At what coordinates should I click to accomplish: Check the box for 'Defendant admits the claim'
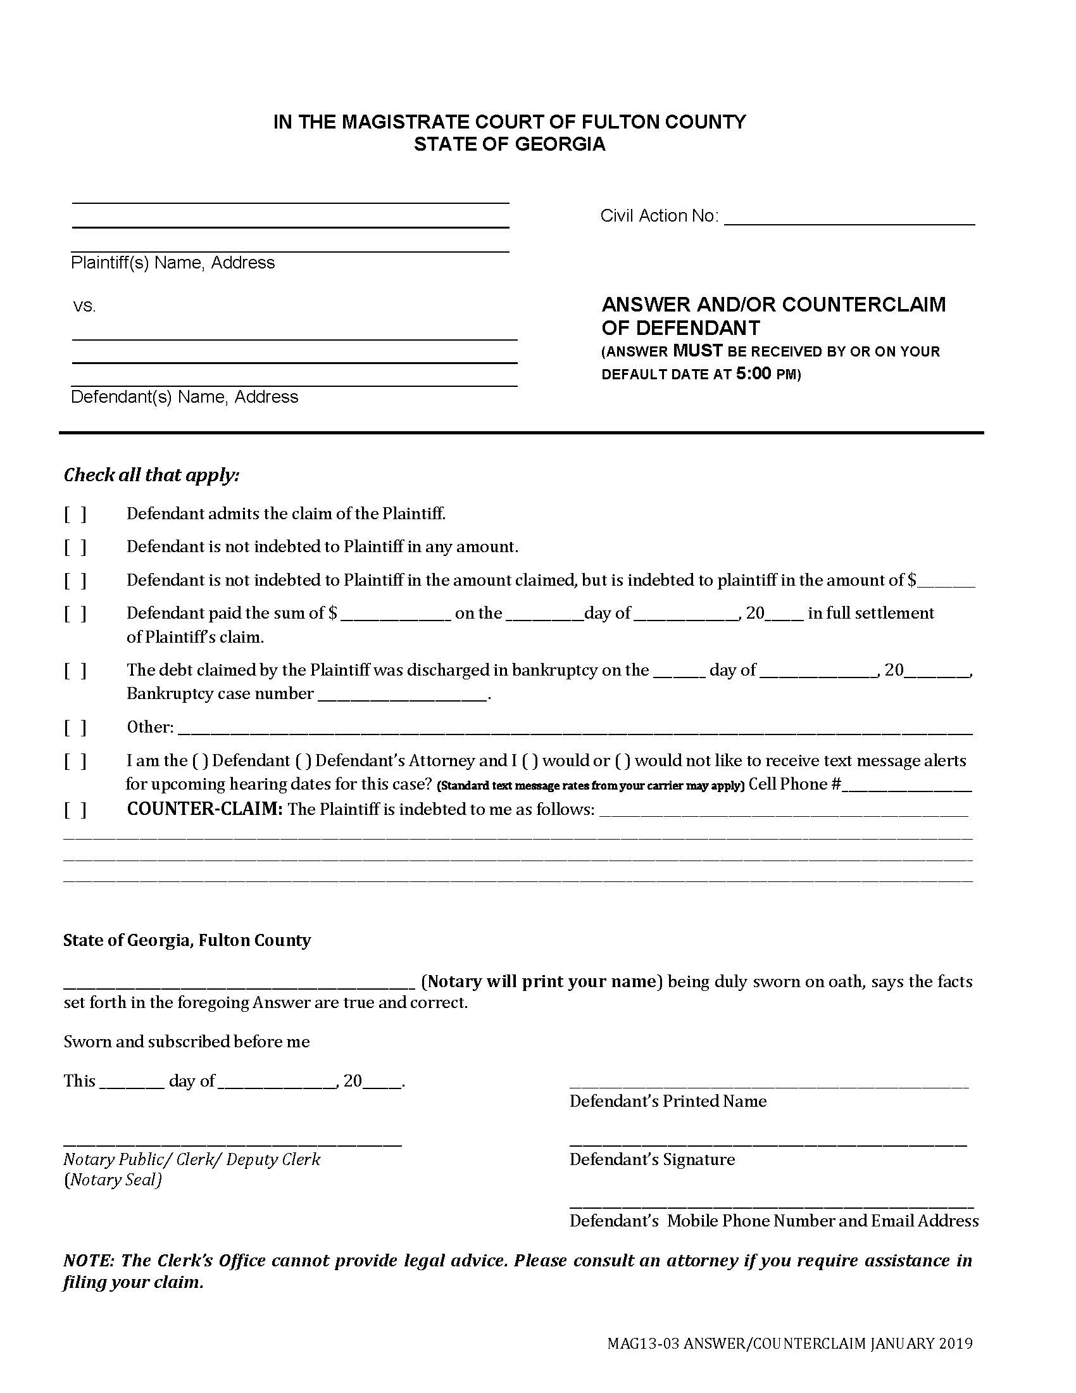click(x=75, y=514)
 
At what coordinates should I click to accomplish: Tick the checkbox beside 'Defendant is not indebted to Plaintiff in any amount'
click(x=75, y=547)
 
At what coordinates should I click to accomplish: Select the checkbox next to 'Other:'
click(x=75, y=728)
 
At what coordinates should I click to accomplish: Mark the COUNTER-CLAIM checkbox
click(x=75, y=810)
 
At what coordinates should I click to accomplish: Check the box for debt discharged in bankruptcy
click(x=75, y=671)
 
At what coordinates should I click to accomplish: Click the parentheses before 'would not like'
click(x=623, y=761)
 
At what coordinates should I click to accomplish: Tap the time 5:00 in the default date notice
click(x=753, y=374)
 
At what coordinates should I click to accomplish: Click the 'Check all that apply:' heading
click(x=152, y=475)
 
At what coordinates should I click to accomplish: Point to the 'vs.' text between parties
click(x=84, y=306)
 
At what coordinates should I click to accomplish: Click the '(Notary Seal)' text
click(x=113, y=1180)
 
